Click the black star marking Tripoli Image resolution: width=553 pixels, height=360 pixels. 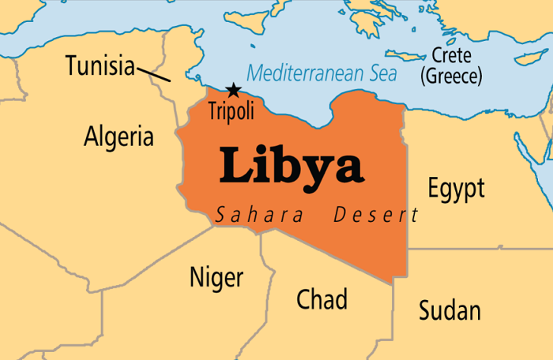pyautogui.click(x=233, y=91)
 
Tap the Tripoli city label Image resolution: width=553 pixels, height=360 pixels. pyautogui.click(x=231, y=111)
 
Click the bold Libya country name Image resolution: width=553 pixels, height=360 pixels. pyautogui.click(x=291, y=167)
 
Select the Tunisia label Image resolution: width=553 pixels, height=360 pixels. pyautogui.click(x=100, y=66)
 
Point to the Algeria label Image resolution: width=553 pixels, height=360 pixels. pyautogui.click(x=118, y=137)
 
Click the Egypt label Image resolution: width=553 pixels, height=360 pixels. pyautogui.click(x=456, y=189)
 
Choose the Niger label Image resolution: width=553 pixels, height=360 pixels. pyautogui.click(x=216, y=278)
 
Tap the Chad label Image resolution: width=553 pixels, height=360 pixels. pyautogui.click(x=322, y=299)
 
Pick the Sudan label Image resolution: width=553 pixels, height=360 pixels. pyautogui.click(x=450, y=310)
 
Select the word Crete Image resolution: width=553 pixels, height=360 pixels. pyautogui.click(x=453, y=56)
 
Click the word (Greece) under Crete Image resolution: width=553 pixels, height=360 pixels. pyautogui.click(x=452, y=77)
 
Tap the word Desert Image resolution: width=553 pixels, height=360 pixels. pyautogui.click(x=376, y=214)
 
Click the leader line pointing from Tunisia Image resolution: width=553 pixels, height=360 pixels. pyautogui.click(x=153, y=74)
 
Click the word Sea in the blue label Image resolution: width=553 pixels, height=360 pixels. pyautogui.click(x=382, y=73)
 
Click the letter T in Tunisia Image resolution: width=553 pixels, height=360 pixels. pyautogui.click(x=72, y=66)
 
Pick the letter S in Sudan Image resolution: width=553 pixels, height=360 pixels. pyautogui.click(x=425, y=310)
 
